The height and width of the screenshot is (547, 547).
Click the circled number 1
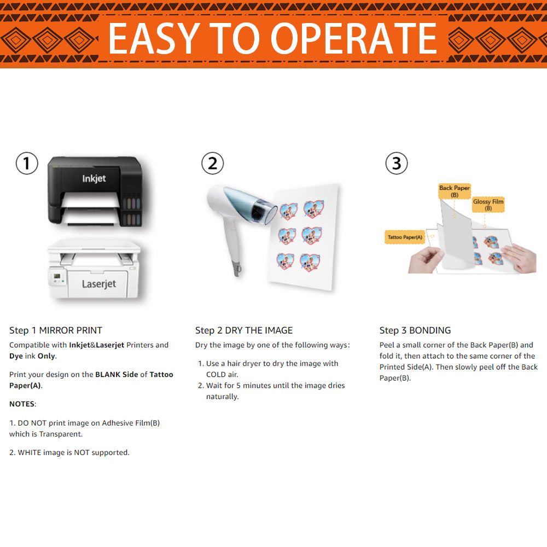click(27, 163)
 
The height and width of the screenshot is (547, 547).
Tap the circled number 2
click(212, 163)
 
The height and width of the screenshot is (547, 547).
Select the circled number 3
click(396, 163)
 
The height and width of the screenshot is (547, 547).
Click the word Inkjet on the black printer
click(94, 179)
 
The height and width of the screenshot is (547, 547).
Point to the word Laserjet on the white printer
click(99, 284)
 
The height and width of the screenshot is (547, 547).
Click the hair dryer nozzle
click(265, 213)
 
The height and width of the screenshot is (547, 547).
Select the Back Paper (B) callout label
click(454, 191)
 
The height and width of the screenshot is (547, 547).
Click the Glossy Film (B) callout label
click(488, 205)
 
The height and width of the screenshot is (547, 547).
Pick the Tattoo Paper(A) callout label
click(405, 237)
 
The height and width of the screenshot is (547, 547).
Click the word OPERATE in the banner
click(353, 38)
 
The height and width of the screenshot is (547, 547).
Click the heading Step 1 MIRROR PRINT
click(56, 330)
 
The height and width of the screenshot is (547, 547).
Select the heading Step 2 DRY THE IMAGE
click(244, 330)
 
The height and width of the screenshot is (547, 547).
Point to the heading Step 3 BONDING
click(415, 330)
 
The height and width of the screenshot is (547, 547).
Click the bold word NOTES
click(22, 404)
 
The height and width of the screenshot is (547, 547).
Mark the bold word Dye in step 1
click(16, 356)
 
